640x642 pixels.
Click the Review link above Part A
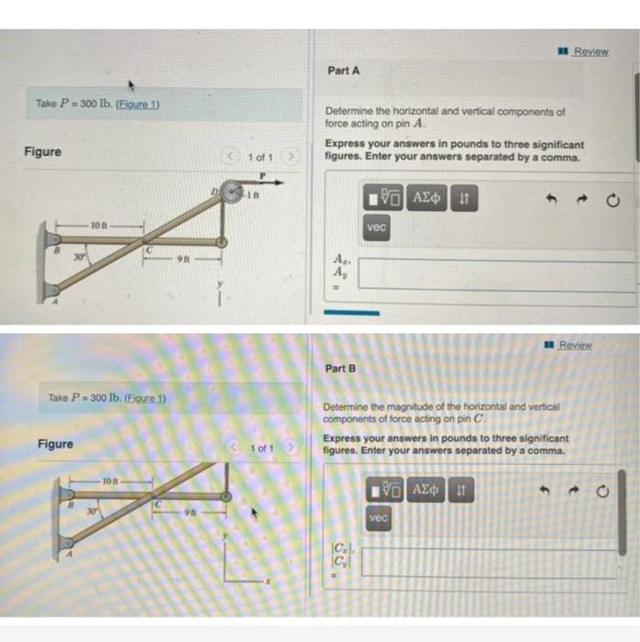pos(590,51)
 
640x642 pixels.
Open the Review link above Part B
pos(576,345)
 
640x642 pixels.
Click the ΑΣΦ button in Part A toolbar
pos(427,196)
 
